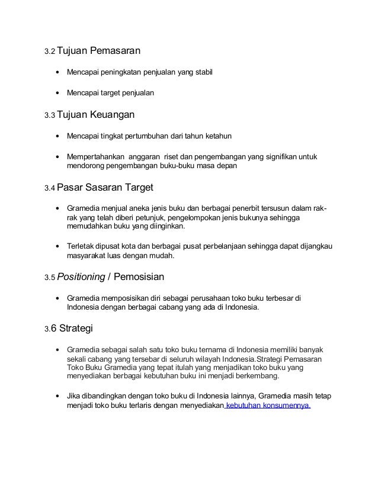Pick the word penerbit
point(228,208)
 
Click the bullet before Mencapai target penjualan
point(57,93)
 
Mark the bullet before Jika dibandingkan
point(57,397)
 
